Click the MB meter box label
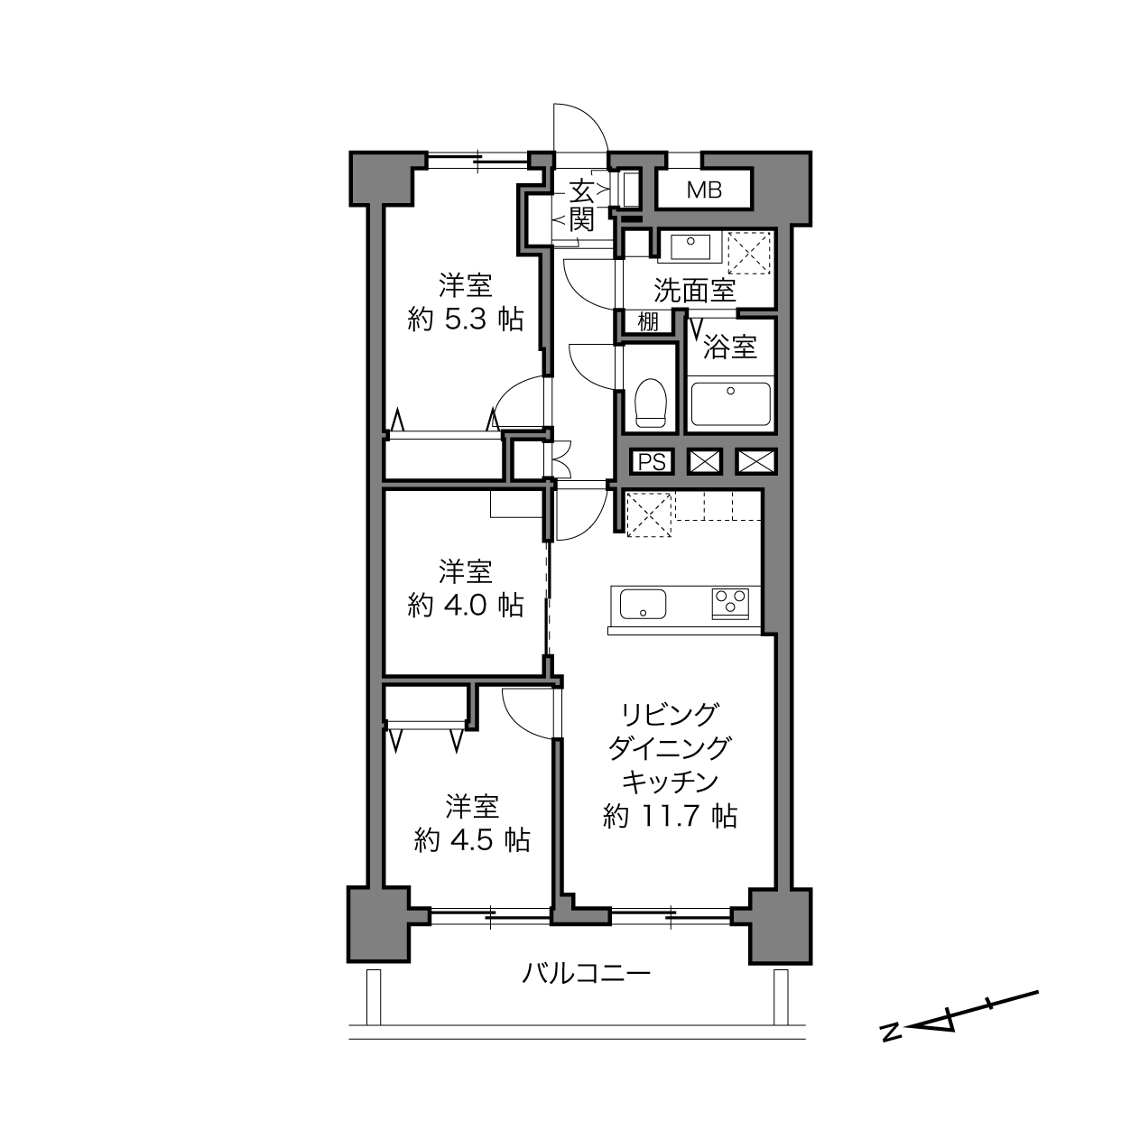(x=704, y=190)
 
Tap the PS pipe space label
(x=652, y=462)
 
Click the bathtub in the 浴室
(x=731, y=404)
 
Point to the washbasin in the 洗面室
(x=690, y=246)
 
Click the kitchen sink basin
(x=644, y=604)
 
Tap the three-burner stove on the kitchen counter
(x=730, y=604)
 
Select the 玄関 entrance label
(x=582, y=206)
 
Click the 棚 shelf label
(x=648, y=322)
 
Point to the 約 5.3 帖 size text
(x=465, y=320)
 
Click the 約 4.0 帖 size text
(x=465, y=605)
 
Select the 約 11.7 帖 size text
(x=670, y=816)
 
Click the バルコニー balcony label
(x=587, y=974)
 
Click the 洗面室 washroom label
(x=695, y=290)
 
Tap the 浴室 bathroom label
(x=730, y=347)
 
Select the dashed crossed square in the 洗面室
(x=749, y=253)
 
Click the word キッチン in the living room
(x=670, y=782)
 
